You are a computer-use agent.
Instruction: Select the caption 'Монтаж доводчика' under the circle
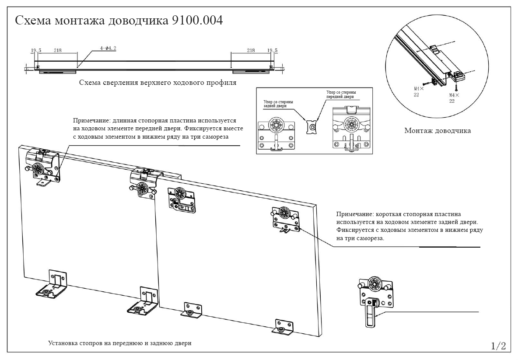click(437, 130)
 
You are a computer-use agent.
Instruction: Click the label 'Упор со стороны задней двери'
click(278, 104)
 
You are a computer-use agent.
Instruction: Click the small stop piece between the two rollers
click(311, 126)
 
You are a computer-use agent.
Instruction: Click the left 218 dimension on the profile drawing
click(58, 51)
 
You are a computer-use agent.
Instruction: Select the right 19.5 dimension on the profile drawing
click(272, 51)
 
